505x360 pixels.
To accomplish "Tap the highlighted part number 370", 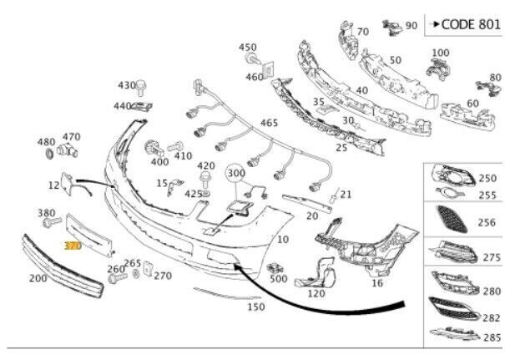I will [73, 246].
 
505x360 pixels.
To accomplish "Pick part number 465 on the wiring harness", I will [270, 123].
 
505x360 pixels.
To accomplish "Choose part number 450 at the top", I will [249, 48].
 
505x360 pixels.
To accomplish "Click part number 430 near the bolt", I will [126, 85].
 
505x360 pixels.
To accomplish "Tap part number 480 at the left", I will [47, 142].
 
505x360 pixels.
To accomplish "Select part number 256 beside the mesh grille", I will [484, 223].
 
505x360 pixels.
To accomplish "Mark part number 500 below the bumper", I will [277, 278].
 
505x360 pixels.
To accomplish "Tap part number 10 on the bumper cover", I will [283, 240].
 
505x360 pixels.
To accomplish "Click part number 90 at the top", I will [411, 26].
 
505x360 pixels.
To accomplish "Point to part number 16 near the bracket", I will [376, 283].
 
